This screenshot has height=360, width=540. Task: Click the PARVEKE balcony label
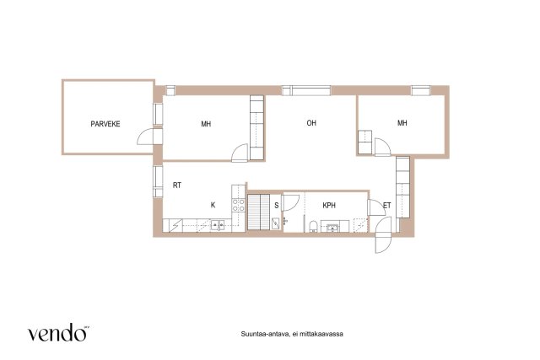(x=105, y=124)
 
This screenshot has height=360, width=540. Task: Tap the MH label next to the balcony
(x=206, y=124)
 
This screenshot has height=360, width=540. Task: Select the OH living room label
(x=311, y=123)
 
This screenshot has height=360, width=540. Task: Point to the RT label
(x=177, y=185)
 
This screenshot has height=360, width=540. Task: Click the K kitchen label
(x=213, y=205)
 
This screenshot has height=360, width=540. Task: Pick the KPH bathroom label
(x=329, y=206)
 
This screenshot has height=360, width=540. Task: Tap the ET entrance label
(x=387, y=206)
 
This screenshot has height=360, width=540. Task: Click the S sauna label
(x=276, y=206)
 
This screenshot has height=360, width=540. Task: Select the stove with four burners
(x=238, y=205)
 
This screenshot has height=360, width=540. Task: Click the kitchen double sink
(x=218, y=225)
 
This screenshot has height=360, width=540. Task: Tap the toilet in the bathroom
(x=313, y=227)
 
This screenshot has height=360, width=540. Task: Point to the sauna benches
(x=259, y=212)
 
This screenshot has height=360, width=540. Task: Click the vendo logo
(x=58, y=332)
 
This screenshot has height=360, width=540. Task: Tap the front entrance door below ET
(x=383, y=235)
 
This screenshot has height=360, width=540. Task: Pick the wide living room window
(x=306, y=90)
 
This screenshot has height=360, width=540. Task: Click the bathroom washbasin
(x=332, y=227)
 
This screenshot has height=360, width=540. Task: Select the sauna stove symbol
(x=276, y=223)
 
